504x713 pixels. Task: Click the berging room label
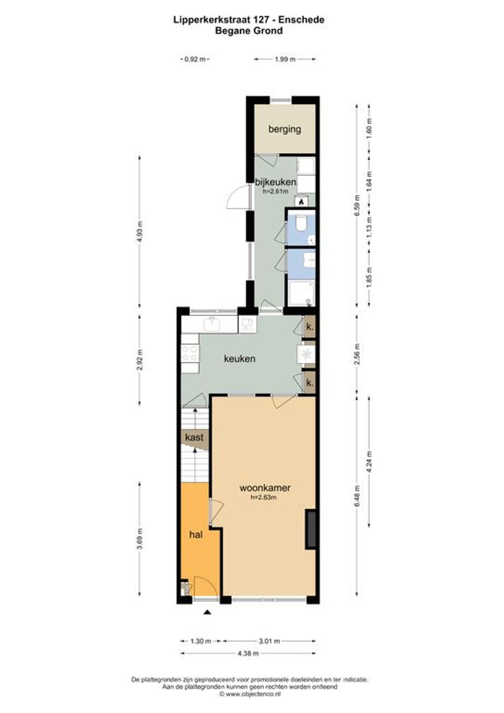coord(284,130)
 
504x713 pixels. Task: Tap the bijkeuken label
coord(276,182)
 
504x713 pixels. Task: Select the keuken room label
coord(239,359)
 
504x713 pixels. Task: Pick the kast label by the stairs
coord(194,437)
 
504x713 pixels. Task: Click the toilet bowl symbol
coord(301,223)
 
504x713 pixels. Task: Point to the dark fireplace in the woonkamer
coord(310,529)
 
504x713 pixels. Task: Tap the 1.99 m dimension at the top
coord(285,59)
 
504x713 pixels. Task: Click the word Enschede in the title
coord(301,20)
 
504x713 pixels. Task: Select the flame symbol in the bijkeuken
coord(301,201)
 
